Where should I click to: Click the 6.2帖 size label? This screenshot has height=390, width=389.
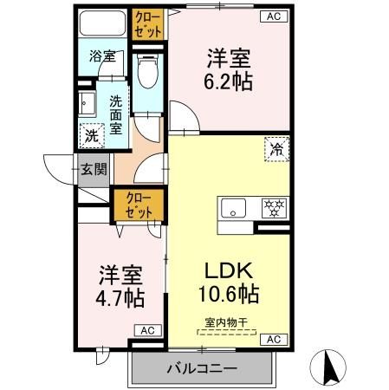click(229, 82)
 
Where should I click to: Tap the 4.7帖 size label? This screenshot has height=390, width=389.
click(120, 297)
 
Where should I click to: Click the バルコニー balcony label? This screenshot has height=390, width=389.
click(203, 369)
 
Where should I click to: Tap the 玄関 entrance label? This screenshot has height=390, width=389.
click(94, 170)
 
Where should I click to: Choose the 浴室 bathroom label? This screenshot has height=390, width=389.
click(102, 57)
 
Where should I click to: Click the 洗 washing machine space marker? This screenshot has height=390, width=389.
click(90, 135)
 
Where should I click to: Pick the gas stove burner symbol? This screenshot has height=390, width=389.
click(275, 209)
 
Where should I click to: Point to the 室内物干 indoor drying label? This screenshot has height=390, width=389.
click(226, 323)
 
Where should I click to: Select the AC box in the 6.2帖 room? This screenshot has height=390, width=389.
click(271, 16)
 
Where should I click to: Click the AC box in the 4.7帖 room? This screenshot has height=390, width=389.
click(146, 330)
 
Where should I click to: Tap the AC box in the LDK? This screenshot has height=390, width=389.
click(272, 339)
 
